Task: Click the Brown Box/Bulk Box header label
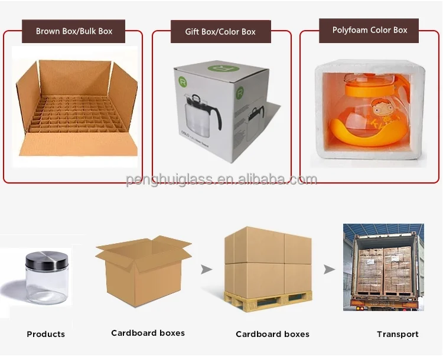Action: pyautogui.click(x=74, y=31)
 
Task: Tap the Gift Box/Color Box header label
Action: pyautogui.click(x=221, y=31)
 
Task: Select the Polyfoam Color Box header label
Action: pyautogui.click(x=370, y=30)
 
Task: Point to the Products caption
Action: pyautogui.click(x=46, y=334)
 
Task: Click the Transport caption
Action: pyautogui.click(x=398, y=334)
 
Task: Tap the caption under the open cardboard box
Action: pyautogui.click(x=148, y=333)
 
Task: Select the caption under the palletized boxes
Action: pyautogui.click(x=272, y=334)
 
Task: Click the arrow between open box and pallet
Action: pyautogui.click(x=206, y=270)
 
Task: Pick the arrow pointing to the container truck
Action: pyautogui.click(x=329, y=270)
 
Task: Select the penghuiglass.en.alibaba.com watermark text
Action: pyautogui.click(x=221, y=179)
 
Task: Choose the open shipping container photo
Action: pyautogui.click(x=384, y=267)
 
